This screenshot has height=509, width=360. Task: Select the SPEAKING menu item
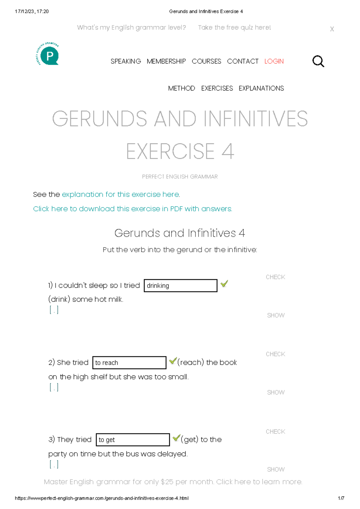(x=126, y=61)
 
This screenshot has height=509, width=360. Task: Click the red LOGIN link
(x=274, y=61)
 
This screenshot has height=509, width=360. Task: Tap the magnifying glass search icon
(x=318, y=61)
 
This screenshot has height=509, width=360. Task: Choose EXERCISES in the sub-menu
(x=217, y=88)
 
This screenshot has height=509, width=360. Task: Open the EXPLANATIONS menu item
(x=261, y=88)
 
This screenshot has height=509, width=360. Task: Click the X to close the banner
(x=332, y=29)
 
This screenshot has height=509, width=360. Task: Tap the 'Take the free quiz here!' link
(x=234, y=28)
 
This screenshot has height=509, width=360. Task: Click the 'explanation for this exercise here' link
(x=121, y=195)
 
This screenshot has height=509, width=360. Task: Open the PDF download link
(x=132, y=209)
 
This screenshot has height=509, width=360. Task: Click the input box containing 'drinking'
(x=180, y=286)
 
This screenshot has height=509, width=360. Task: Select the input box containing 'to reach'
(x=129, y=363)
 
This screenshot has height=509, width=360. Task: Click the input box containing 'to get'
(x=133, y=440)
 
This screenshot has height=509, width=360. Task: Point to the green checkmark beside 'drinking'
(x=224, y=284)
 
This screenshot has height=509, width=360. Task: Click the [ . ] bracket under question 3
(x=54, y=464)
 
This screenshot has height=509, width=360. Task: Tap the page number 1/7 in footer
(x=341, y=498)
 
